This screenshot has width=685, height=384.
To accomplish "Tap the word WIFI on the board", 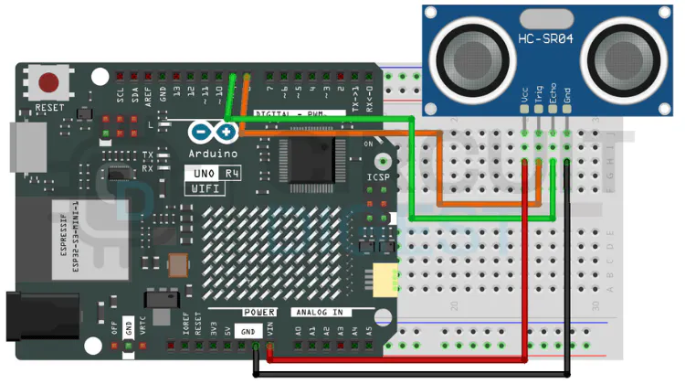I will coord(205,187).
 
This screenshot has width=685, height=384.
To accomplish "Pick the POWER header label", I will coord(258,312).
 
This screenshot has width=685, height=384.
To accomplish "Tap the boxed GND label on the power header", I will coord(248,332).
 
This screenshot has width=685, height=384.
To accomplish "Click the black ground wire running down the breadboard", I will coord(568,274).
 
